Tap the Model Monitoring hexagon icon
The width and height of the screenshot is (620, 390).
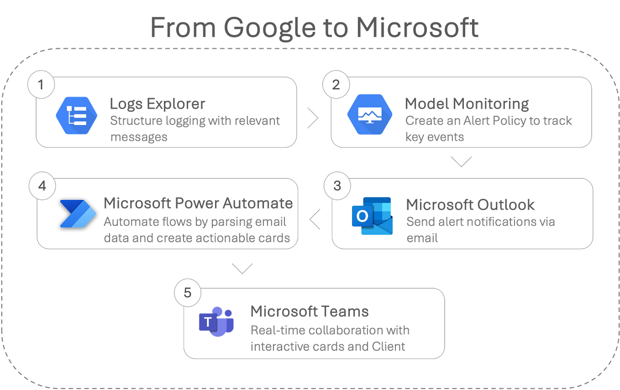point(369,114)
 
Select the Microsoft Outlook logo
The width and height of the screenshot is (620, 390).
point(372,216)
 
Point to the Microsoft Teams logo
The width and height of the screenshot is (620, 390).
point(216,322)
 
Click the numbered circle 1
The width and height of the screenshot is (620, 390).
point(42,85)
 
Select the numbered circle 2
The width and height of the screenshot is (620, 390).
point(336,85)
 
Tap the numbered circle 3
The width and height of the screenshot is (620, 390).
point(337,186)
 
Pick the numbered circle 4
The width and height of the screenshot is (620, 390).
point(42,186)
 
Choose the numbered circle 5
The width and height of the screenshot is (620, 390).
point(188,292)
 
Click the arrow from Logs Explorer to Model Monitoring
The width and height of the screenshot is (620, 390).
point(313,118)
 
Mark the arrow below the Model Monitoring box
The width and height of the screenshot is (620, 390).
point(461,161)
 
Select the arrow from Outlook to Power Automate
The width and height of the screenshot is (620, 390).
point(315,219)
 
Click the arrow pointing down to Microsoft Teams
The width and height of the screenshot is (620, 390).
point(242,268)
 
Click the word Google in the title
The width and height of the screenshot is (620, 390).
point(269,28)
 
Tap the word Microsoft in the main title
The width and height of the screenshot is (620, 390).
point(417,28)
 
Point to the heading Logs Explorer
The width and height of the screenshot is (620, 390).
point(157,104)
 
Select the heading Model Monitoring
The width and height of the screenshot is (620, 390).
point(467,104)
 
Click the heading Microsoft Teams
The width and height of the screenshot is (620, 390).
point(309,311)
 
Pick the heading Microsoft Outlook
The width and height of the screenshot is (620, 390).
point(470,205)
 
